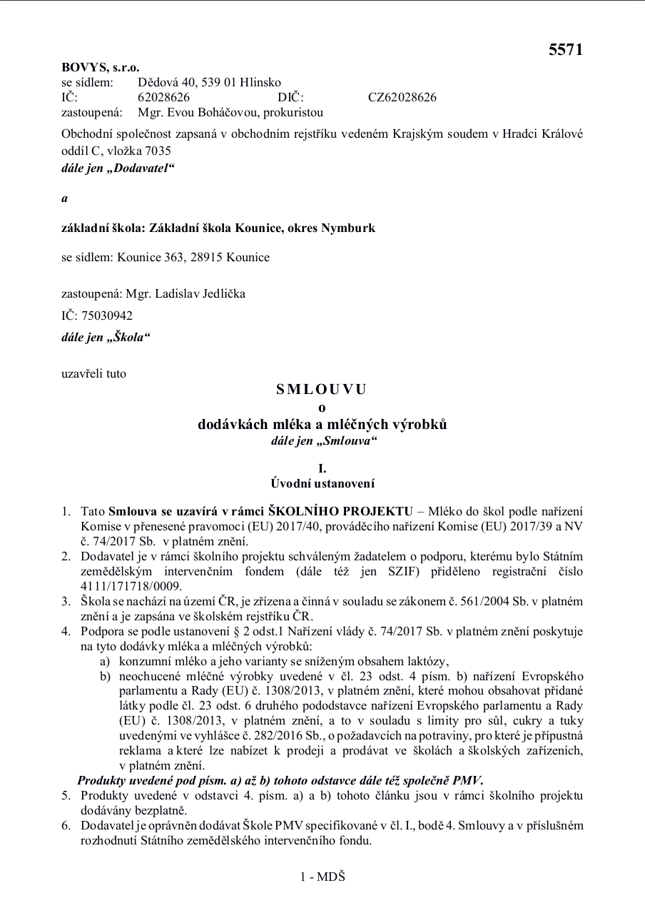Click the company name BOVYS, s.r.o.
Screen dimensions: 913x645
coord(100,68)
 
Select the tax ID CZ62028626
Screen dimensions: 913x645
coord(402,97)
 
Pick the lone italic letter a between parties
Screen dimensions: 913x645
coord(65,198)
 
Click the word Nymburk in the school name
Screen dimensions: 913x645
coord(348,228)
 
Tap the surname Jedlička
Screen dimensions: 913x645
coord(220,293)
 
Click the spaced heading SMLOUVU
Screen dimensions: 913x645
coord(322,389)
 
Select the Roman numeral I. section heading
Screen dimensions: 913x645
coord(322,468)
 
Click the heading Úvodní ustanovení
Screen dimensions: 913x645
coord(322,483)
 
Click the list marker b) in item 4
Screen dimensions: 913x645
coord(106,676)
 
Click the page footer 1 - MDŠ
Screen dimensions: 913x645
coord(322,876)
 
